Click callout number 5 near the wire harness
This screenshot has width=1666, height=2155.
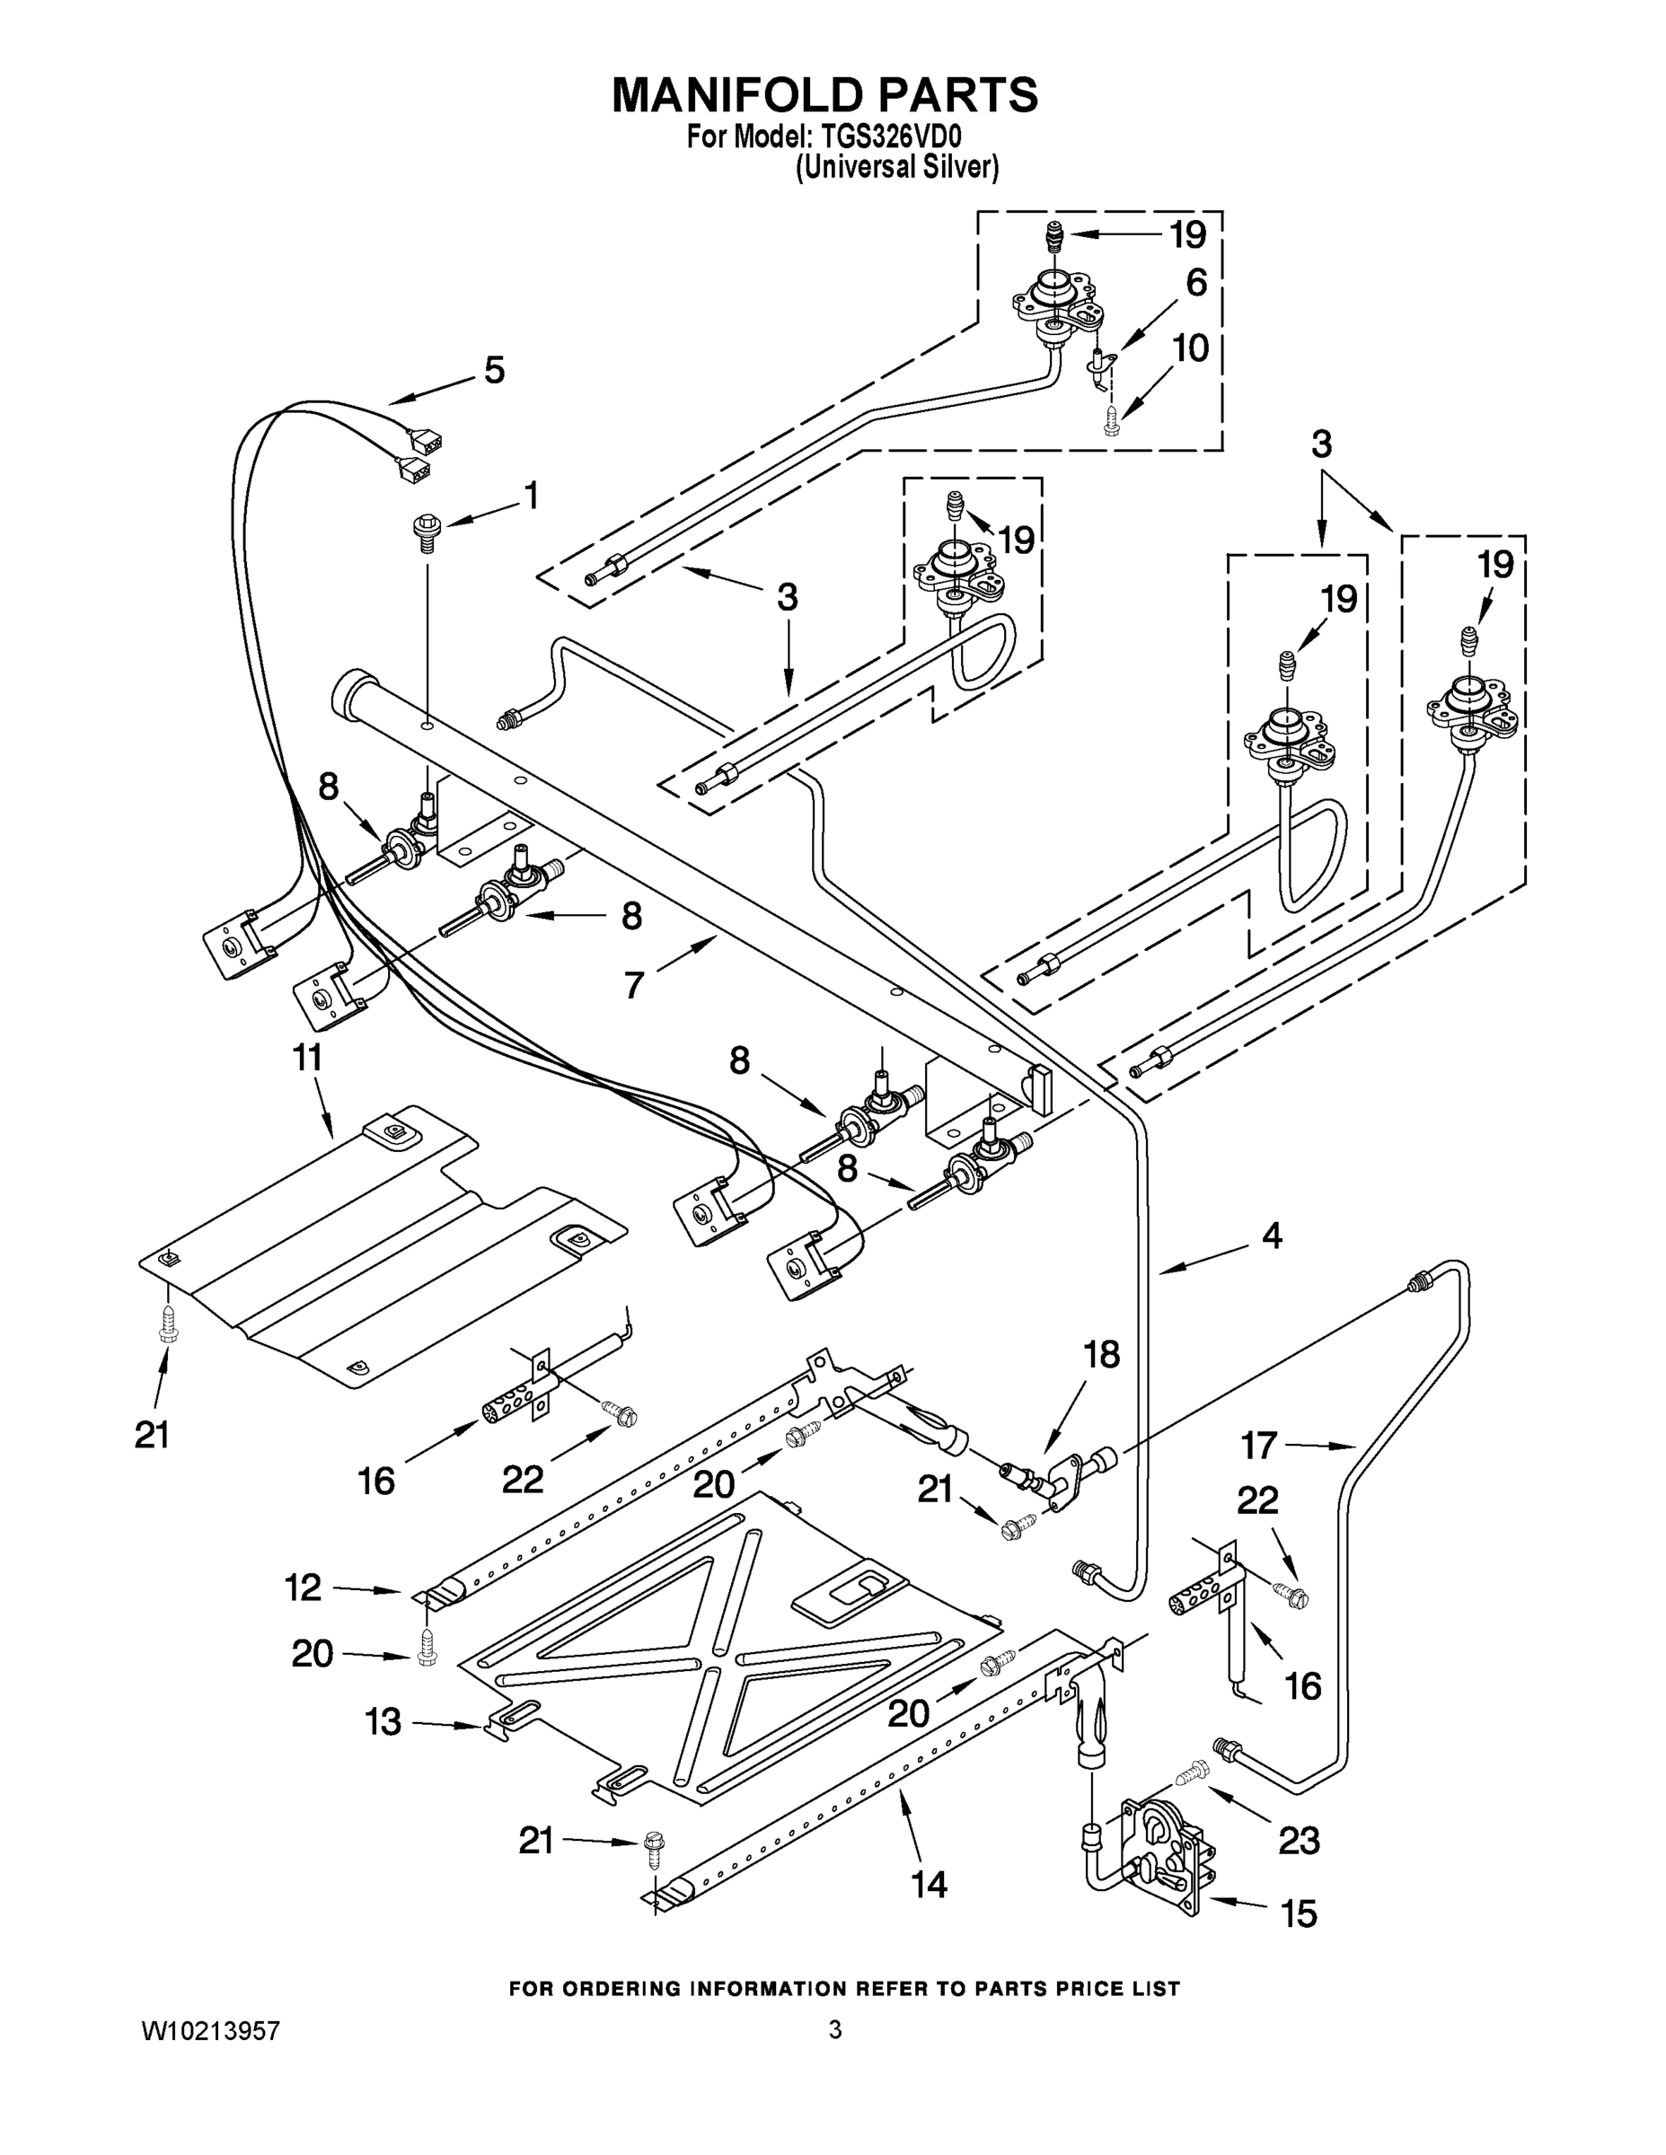[493, 371]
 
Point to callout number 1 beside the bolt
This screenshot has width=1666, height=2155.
[531, 496]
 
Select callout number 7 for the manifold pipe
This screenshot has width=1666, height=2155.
[634, 984]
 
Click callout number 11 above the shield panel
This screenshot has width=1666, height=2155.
[307, 1058]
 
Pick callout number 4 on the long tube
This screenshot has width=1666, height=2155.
[1271, 1235]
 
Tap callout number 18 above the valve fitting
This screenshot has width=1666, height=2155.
[1101, 1355]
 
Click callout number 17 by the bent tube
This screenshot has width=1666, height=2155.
[1259, 1446]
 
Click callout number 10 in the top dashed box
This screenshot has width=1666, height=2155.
[1190, 348]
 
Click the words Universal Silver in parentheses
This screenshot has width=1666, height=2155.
[897, 168]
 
